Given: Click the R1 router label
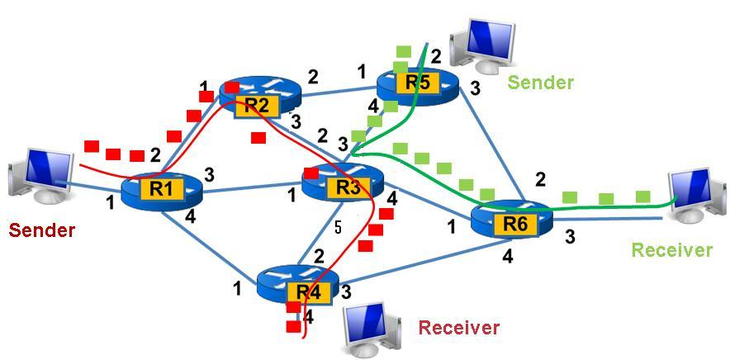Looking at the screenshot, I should point(161,189).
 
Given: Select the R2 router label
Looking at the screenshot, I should point(258,105).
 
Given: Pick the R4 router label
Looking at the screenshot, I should point(307,291).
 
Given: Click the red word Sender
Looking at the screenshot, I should point(42,230).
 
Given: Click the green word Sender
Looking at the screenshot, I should point(540,82).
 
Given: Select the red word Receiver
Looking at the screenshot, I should point(458,328).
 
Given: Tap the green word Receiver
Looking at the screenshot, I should point(671,249).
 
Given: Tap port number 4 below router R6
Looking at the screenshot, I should point(507,256).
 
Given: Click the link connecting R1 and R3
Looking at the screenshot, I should point(248,191).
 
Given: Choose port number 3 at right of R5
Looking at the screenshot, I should point(475,88).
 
